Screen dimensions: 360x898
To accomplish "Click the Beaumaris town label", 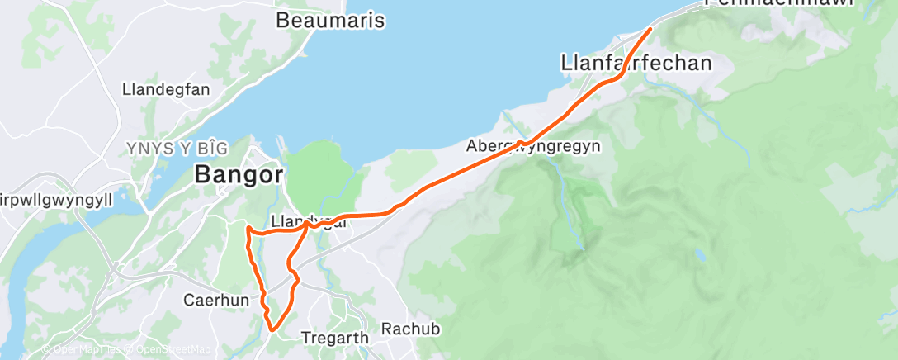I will tap(330, 20).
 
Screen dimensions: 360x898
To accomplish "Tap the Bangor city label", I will tap(239, 175).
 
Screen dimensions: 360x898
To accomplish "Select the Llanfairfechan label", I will tap(636, 63).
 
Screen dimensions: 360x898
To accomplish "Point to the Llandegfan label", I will tap(166, 89).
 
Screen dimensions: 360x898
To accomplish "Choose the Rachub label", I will tap(410, 329).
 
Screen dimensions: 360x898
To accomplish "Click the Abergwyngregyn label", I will tap(533, 146).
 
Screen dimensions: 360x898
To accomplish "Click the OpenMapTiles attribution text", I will tap(83, 349).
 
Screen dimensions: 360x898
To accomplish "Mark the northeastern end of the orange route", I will tap(650, 29).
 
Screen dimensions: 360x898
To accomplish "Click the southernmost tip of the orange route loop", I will tap(272, 331).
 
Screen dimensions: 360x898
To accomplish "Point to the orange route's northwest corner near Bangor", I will tap(248, 226).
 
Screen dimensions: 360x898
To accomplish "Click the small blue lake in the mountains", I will tap(701, 257).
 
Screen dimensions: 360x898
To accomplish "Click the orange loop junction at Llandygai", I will tap(308, 224).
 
